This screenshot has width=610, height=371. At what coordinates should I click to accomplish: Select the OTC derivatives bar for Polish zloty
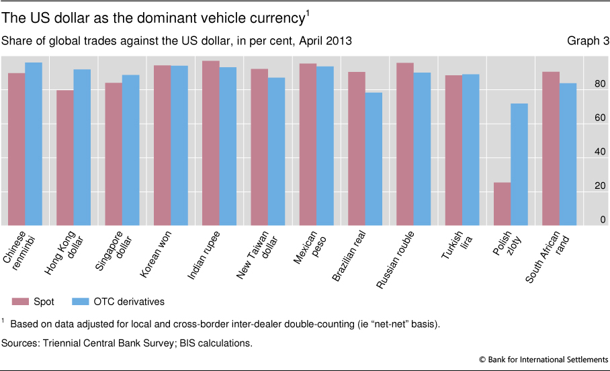tap(519, 165)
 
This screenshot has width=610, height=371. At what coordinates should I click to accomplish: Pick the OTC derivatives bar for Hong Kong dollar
tap(82, 147)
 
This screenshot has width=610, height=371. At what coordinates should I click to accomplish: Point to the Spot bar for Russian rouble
tap(404, 144)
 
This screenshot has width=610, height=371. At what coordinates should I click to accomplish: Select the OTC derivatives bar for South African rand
tap(568, 154)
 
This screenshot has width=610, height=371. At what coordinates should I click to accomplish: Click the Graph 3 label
tap(588, 42)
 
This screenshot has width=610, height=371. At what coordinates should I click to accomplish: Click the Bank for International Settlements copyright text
tap(544, 360)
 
